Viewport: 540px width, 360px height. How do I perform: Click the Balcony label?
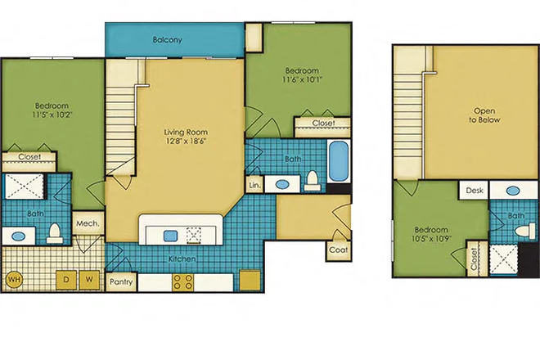click(167, 39)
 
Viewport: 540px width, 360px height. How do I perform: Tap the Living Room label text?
click(186, 131)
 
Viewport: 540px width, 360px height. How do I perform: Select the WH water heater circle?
click(13, 279)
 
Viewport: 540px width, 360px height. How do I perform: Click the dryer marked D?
click(65, 279)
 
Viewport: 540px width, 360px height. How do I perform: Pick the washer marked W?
click(90, 279)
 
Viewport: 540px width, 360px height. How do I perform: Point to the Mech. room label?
click(88, 223)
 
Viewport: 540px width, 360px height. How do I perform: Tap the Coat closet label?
click(338, 250)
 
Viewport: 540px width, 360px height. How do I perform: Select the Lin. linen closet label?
click(254, 185)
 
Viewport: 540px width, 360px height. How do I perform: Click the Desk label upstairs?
click(474, 190)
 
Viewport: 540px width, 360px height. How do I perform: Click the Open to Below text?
click(484, 115)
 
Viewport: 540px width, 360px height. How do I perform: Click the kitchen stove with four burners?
click(183, 282)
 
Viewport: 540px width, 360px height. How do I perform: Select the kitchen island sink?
click(170, 236)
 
